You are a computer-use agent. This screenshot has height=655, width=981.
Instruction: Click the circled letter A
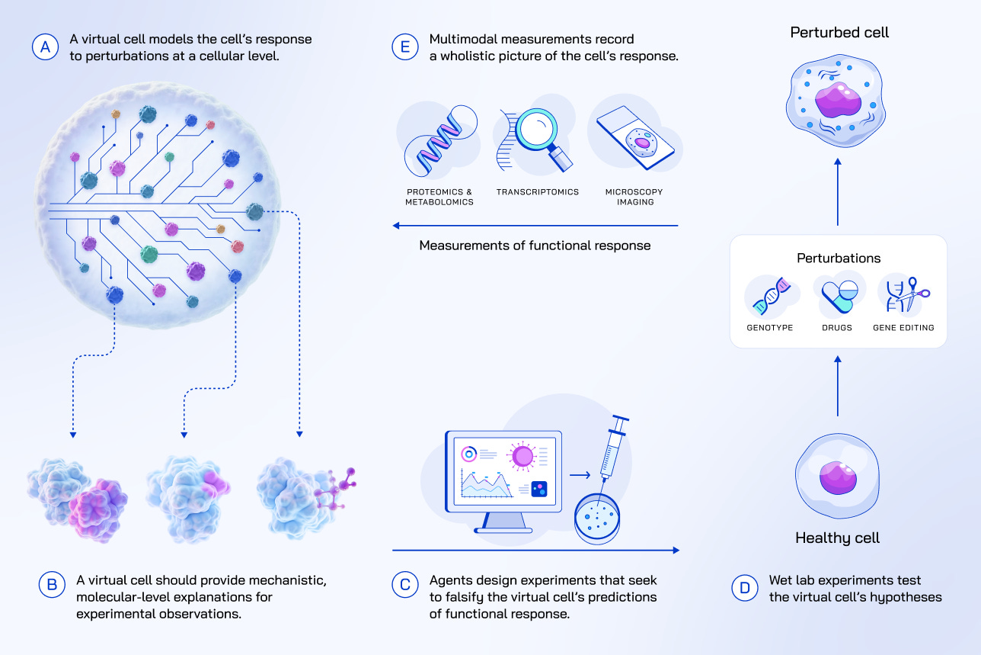[45, 47]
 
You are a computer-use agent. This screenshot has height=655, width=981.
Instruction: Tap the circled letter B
[51, 585]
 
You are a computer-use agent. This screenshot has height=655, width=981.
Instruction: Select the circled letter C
[404, 585]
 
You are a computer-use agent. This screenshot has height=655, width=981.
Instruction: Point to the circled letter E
[404, 47]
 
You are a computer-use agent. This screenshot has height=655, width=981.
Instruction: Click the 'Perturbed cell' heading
[839, 32]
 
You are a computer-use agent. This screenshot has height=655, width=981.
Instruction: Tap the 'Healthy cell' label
[837, 538]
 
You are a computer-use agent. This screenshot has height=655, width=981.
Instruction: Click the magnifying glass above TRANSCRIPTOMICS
[538, 134]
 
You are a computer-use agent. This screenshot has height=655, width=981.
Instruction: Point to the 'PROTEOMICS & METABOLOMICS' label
[439, 197]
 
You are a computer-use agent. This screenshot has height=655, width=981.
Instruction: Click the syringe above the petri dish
[612, 449]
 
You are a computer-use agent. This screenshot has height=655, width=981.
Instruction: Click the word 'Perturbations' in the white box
[838, 258]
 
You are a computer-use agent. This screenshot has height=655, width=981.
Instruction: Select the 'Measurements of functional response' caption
[535, 246]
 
